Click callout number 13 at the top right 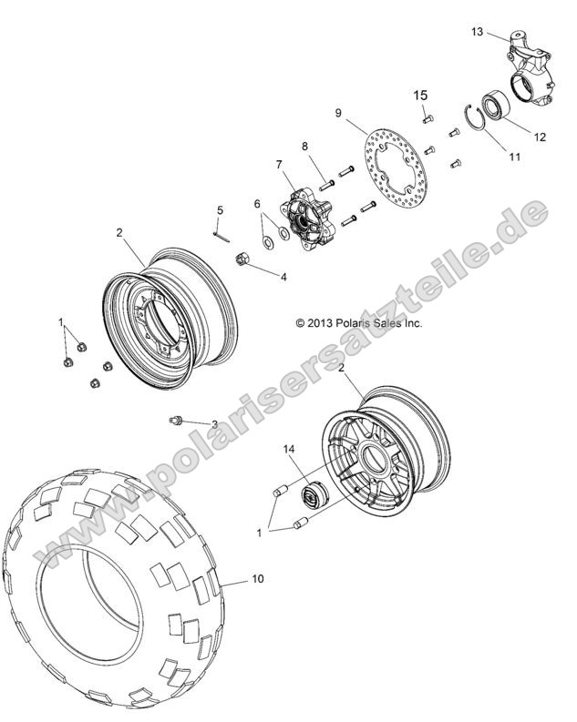pyautogui.click(x=477, y=32)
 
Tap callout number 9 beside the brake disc pyautogui.click(x=338, y=114)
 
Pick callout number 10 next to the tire pyautogui.click(x=257, y=579)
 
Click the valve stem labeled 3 pyautogui.click(x=179, y=420)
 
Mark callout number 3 pyautogui.click(x=213, y=424)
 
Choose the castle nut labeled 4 pyautogui.click(x=244, y=260)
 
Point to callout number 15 pyautogui.click(x=421, y=95)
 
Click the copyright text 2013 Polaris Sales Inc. pyautogui.click(x=359, y=322)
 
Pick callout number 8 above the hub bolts pyautogui.click(x=305, y=146)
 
